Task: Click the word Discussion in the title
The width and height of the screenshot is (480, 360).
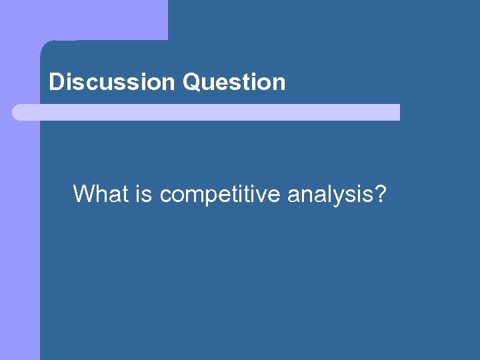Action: point(111,83)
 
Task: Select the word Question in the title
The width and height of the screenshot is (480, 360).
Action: point(233,83)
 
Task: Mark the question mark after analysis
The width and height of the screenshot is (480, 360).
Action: point(380,194)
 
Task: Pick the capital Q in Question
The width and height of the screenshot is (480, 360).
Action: point(190,83)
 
